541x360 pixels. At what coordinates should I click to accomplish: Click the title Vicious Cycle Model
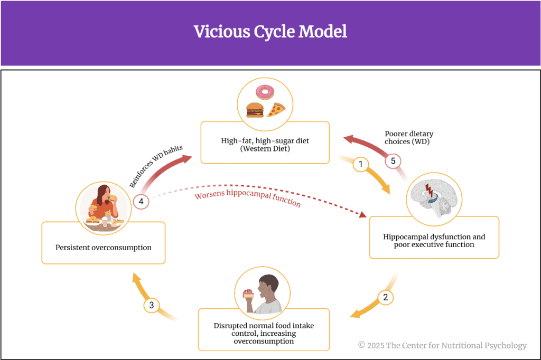pos(270,32)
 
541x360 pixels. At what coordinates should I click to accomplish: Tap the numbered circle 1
pos(361,164)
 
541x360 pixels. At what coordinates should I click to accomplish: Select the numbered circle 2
pos(385,297)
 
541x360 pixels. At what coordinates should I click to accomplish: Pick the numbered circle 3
pos(152,305)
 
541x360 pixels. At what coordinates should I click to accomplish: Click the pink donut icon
pos(264,93)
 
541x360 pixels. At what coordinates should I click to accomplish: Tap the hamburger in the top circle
pos(255,110)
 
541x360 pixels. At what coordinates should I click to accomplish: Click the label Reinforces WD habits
pos(155,165)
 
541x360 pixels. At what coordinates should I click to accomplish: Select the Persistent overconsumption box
pos(104,247)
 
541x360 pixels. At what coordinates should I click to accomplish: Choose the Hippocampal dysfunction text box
pos(434,241)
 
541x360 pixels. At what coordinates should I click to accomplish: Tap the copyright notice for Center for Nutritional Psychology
pos(442,345)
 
